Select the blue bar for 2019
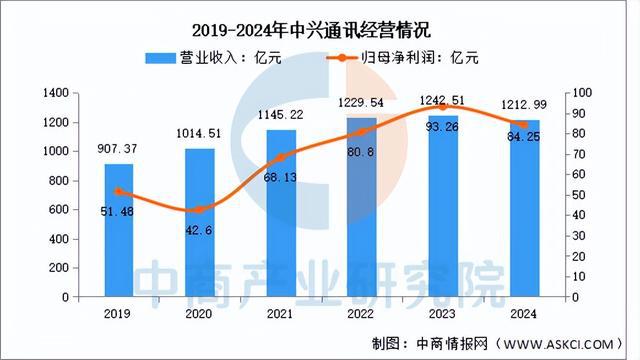pyautogui.click(x=119, y=230)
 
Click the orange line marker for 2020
pyautogui.click(x=200, y=209)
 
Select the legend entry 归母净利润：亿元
pyautogui.click(x=406, y=57)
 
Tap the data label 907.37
pyautogui.click(x=119, y=150)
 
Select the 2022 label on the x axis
pyautogui.click(x=361, y=313)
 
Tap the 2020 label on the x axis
pyautogui.click(x=200, y=313)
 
